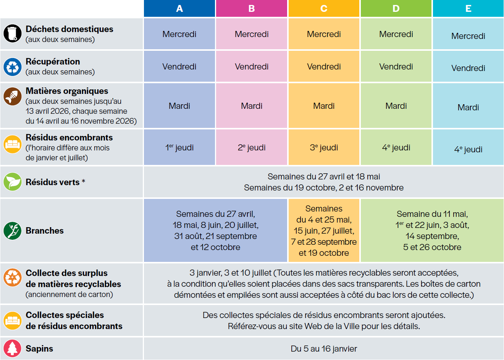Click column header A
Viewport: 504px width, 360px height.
(179, 8)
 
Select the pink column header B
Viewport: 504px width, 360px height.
(252, 8)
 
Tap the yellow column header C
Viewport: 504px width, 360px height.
(324, 8)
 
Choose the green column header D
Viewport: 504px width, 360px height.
(396, 8)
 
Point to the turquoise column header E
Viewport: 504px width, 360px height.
(468, 8)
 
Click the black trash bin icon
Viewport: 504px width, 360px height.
(13, 34)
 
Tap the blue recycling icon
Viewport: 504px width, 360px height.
(13, 66)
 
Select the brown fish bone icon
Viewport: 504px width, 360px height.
(13, 96)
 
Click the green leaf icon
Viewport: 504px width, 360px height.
(13, 182)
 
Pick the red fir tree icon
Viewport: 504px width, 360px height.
(13, 348)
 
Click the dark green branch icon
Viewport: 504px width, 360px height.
(13, 231)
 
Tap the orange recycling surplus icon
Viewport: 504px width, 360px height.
(13, 278)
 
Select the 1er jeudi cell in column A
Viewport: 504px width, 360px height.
(179, 147)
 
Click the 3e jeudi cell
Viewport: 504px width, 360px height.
(324, 147)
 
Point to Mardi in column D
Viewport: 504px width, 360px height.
(396, 106)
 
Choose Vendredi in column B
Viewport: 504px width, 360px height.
(252, 66)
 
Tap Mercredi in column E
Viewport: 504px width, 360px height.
(468, 36)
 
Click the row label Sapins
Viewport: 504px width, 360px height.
(39, 349)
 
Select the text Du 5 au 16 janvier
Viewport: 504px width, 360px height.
(324, 349)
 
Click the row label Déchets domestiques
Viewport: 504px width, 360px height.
(69, 29)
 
